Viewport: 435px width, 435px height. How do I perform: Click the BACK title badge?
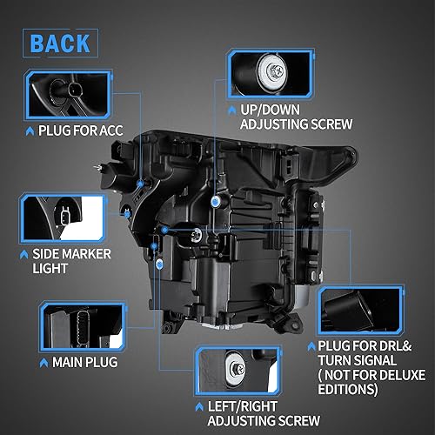click(62, 43)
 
